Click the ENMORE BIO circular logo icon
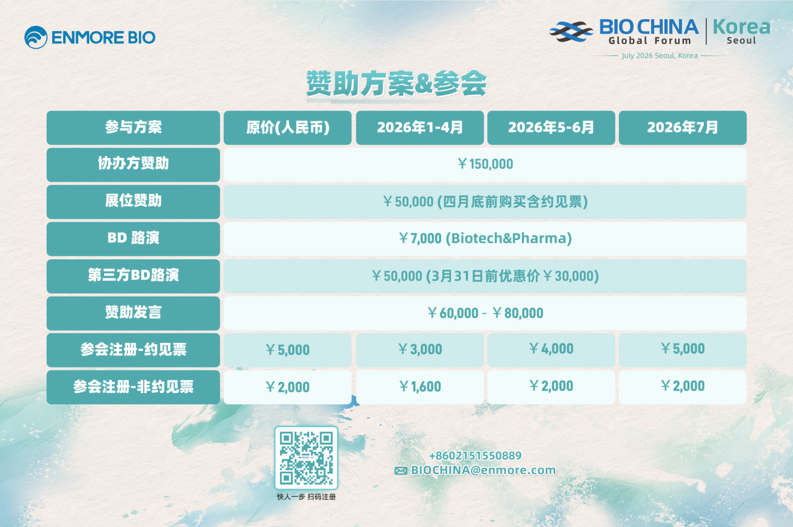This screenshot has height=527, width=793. (x=36, y=37)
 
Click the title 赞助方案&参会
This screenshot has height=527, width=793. (x=396, y=84)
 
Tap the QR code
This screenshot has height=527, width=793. (x=306, y=458)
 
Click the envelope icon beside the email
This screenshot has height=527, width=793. (x=401, y=471)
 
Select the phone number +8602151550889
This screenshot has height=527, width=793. (x=475, y=456)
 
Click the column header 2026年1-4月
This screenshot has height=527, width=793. (x=420, y=128)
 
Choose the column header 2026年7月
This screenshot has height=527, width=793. (x=683, y=128)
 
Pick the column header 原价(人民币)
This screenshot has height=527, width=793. (x=287, y=128)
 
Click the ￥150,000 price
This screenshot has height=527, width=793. (x=485, y=164)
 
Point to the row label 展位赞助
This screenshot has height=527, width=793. (x=133, y=200)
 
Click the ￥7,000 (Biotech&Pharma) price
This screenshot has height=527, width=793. (x=485, y=238)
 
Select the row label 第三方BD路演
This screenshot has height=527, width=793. (x=133, y=275)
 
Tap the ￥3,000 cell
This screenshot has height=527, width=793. (x=420, y=350)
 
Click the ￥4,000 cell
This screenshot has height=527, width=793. (x=551, y=349)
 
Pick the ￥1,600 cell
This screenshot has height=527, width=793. (x=420, y=387)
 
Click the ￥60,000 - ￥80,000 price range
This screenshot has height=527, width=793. (x=485, y=313)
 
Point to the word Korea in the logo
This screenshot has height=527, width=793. (x=742, y=27)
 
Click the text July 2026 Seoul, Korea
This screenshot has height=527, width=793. (x=660, y=56)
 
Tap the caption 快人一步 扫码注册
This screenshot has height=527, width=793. (x=306, y=497)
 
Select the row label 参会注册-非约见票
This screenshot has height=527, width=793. (x=133, y=387)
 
